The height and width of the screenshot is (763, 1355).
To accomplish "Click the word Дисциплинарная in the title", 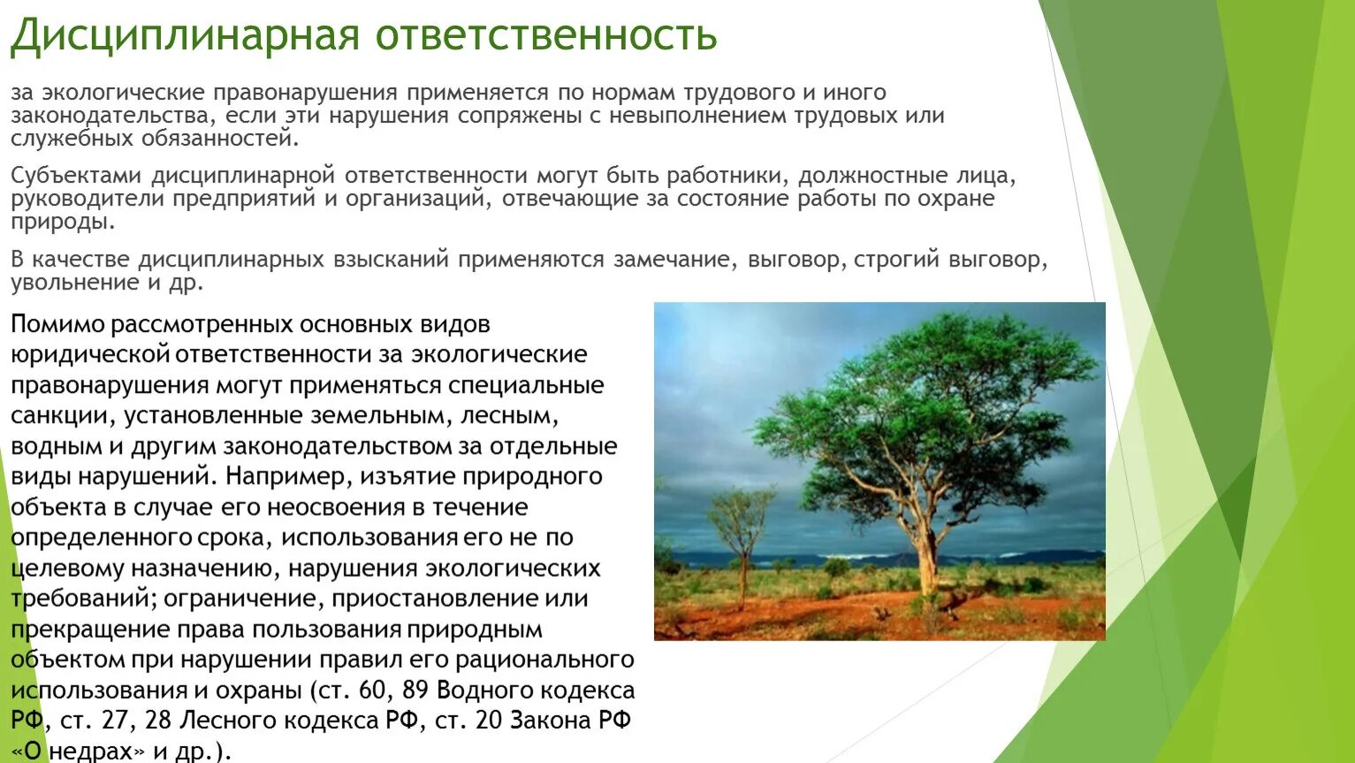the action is click(x=185, y=36).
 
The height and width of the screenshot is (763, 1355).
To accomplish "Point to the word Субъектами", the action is click(x=76, y=176).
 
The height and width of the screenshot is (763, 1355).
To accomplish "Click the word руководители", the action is click(x=88, y=200).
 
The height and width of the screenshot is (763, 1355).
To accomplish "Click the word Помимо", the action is click(x=57, y=324).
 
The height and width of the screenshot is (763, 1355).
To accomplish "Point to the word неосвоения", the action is click(x=335, y=507).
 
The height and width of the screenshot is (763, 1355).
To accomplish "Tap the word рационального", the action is click(x=544, y=660).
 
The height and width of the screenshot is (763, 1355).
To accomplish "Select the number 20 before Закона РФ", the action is click(x=489, y=721).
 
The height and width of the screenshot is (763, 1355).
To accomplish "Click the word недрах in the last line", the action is click(x=90, y=752).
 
